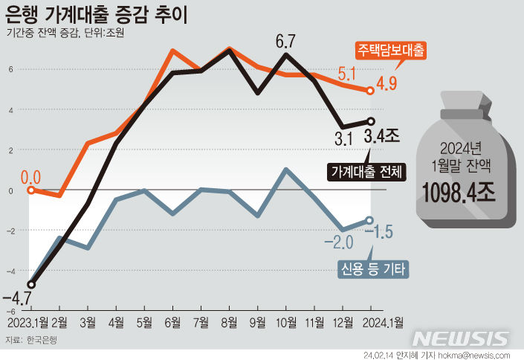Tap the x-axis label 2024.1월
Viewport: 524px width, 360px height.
coord(383,322)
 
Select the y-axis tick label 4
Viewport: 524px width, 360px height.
coord(11,110)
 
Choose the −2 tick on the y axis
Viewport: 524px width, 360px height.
coord(10,231)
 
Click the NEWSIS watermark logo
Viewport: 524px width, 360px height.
coord(462,338)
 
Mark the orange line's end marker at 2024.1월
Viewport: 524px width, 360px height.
coord(371,90)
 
